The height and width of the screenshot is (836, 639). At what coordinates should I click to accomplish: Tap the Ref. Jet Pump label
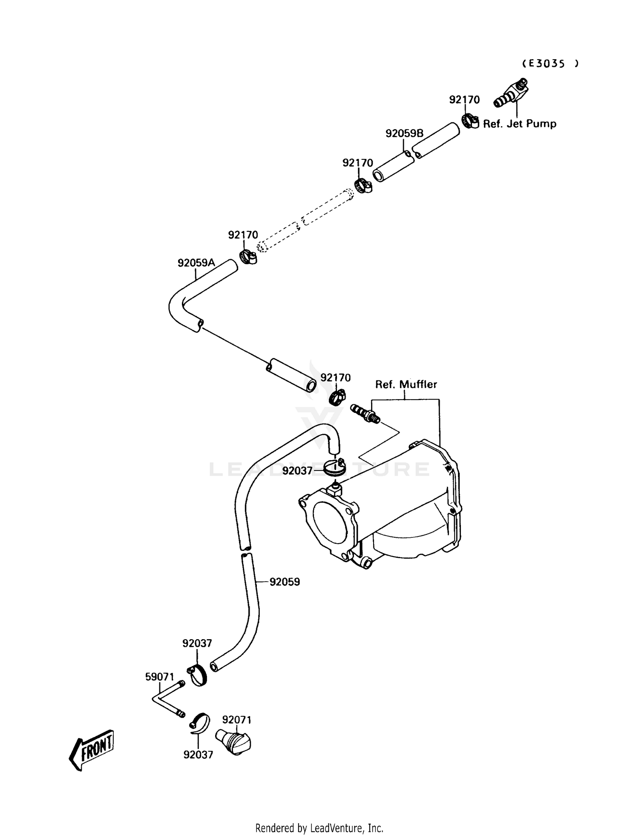click(519, 124)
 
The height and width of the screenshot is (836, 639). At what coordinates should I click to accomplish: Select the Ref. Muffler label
click(406, 384)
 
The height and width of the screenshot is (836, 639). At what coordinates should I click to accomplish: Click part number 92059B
click(404, 133)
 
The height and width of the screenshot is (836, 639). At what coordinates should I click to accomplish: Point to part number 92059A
click(196, 263)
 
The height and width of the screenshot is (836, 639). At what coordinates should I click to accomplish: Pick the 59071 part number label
click(160, 677)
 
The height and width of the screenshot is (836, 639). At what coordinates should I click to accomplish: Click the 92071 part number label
click(237, 720)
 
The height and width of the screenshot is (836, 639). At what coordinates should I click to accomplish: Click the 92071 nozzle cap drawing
click(233, 742)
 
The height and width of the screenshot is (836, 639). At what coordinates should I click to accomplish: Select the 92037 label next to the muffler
click(297, 471)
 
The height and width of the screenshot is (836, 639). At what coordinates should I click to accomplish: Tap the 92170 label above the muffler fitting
click(336, 378)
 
